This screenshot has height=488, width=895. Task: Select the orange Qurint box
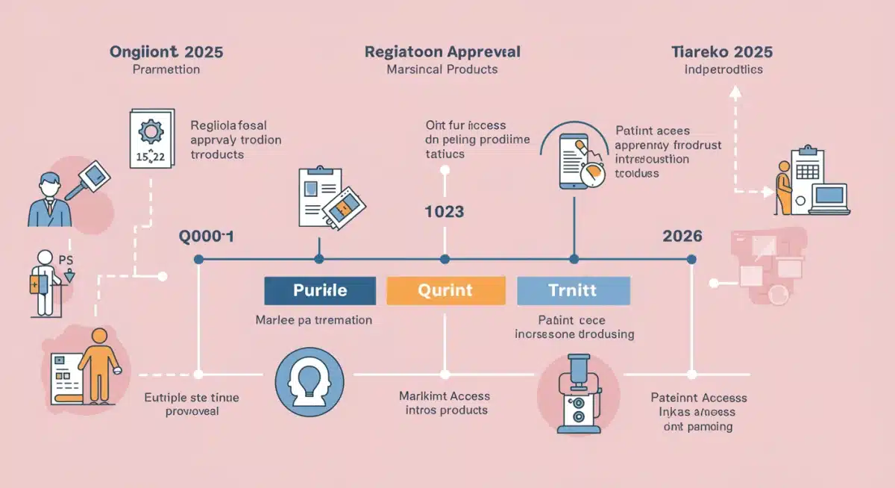tap(446, 290)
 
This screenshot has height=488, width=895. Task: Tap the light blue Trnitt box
tap(573, 290)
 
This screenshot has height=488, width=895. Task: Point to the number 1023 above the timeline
tap(444, 212)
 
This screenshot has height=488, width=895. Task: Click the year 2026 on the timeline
tap(682, 236)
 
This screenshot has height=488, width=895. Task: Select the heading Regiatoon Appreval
tap(442, 52)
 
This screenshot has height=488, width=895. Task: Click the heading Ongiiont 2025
tap(166, 52)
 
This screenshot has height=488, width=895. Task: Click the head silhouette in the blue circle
tap(309, 381)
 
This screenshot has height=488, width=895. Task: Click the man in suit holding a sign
tap(51, 195)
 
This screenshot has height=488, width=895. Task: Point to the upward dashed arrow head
tap(735, 91)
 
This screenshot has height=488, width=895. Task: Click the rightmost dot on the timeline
tap(691, 260)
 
